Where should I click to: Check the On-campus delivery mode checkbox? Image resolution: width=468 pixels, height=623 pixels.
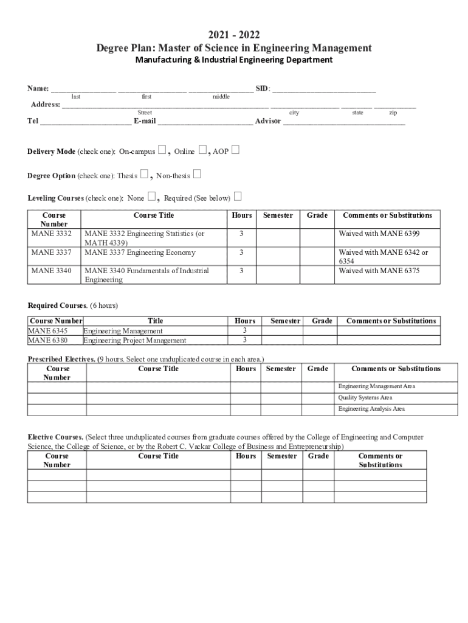tap(162, 150)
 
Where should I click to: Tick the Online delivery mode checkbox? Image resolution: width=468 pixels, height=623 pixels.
tap(203, 150)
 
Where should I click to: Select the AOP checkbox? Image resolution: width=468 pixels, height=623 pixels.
tap(235, 150)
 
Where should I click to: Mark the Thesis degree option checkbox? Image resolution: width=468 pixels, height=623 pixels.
tap(144, 175)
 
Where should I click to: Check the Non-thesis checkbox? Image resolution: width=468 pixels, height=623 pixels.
tap(196, 175)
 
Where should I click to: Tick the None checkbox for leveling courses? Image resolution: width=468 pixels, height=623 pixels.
tap(153, 197)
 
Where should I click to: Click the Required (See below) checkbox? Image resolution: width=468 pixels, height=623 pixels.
tap(238, 197)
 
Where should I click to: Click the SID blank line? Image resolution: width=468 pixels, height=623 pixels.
tap(324, 89)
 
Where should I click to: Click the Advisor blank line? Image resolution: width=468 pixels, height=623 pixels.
tap(344, 122)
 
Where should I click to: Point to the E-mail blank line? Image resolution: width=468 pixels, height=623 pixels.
tap(205, 122)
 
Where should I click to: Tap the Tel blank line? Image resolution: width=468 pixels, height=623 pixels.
tap(85, 122)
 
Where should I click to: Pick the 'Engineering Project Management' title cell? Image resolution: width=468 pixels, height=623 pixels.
tap(135, 340)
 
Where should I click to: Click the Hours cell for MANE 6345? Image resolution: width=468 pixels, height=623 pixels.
tap(245, 330)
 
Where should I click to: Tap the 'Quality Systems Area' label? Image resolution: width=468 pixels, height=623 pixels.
tap(365, 397)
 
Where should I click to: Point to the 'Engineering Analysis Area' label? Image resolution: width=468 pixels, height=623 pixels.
tap(371, 409)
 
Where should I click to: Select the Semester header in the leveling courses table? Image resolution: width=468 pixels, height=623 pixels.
tap(278, 215)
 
